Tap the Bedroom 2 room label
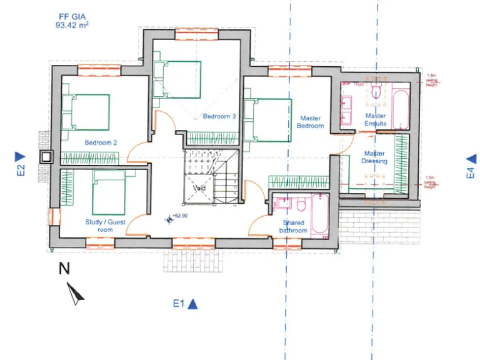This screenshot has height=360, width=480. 101,142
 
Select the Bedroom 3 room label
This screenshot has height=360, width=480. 219,116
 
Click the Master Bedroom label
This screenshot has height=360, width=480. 311,122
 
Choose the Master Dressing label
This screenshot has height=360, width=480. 374,157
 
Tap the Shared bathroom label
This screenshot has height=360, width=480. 294,227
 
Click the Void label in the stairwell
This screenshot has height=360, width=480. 199,187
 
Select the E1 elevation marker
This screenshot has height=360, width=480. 186,304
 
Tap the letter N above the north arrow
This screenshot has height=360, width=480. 64,269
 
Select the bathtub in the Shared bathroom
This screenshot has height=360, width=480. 320,214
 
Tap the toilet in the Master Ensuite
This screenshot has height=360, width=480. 376,92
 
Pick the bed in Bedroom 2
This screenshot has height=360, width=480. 87,112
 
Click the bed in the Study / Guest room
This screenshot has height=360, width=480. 109,192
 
